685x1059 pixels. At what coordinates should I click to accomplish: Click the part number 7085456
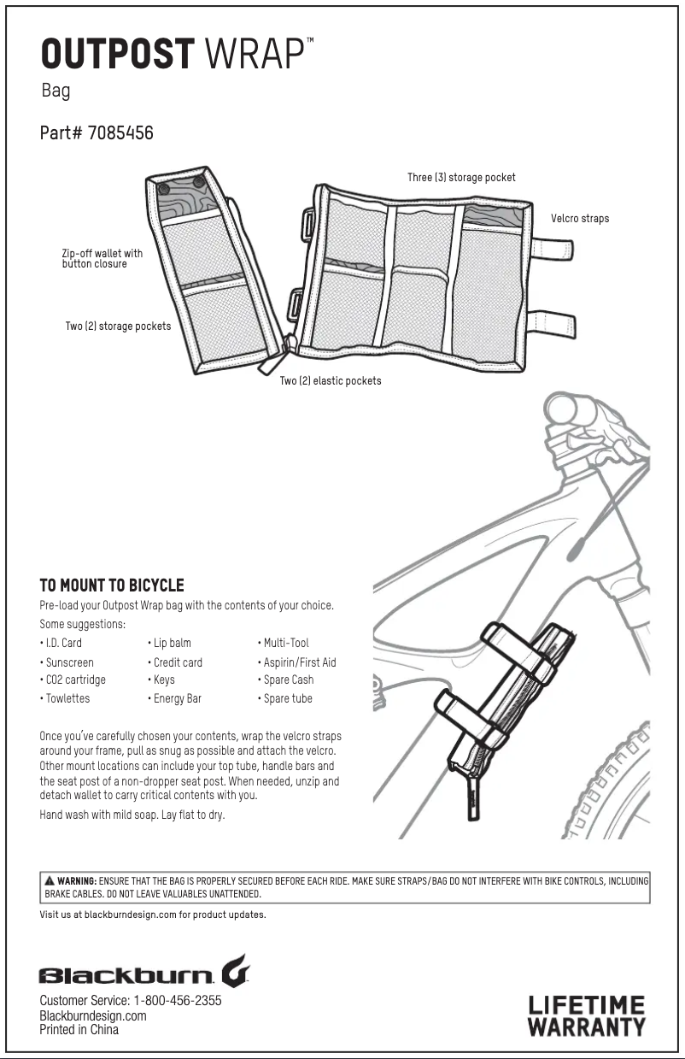[x=120, y=133]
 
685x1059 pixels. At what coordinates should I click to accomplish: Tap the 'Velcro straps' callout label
[x=579, y=219]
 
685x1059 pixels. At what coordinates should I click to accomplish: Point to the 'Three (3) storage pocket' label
[x=461, y=178]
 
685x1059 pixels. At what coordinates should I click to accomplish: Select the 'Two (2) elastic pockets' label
[x=331, y=380]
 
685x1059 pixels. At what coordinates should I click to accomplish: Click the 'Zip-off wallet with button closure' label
[x=102, y=259]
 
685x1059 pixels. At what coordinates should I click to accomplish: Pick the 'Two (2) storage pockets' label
[x=118, y=327]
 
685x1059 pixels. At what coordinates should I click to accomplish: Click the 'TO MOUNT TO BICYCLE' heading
[x=112, y=585]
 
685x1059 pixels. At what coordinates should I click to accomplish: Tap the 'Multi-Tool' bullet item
[x=286, y=643]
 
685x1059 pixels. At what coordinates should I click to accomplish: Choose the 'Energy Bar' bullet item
[x=178, y=698]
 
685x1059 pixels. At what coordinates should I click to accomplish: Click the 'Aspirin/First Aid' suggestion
[x=300, y=662]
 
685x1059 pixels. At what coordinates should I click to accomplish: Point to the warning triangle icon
[x=50, y=880]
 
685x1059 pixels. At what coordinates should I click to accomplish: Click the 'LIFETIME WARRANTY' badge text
[x=586, y=1015]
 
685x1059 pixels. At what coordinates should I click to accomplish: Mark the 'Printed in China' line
[x=79, y=1030]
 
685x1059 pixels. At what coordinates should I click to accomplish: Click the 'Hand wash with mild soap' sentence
[x=132, y=815]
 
